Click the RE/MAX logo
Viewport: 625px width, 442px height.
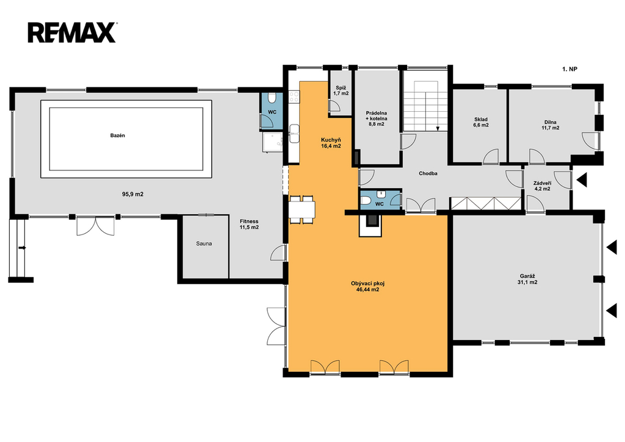tap(72, 33)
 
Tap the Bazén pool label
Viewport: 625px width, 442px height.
tap(118, 136)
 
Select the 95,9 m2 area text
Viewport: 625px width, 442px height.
tap(132, 195)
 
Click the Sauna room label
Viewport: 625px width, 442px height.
tap(204, 244)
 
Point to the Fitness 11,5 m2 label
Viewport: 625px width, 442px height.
tap(249, 225)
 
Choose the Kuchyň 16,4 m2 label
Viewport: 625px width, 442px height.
tap(331, 143)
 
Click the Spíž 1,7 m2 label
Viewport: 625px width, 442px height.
tap(341, 90)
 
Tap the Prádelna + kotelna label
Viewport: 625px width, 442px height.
tap(376, 118)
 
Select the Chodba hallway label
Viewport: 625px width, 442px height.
tap(428, 173)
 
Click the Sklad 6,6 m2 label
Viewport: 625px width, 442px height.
tap(481, 122)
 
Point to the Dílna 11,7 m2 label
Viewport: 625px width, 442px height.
tap(550, 125)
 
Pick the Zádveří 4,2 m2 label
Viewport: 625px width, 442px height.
tap(543, 186)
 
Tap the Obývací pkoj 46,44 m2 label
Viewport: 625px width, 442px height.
tap(367, 286)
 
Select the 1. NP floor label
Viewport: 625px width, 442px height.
tap(569, 69)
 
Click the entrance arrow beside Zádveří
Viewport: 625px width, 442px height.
tap(582, 180)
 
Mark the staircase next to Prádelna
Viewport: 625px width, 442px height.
tap(426, 106)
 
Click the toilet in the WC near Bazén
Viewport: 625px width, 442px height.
tap(272, 99)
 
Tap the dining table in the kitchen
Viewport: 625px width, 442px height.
tap(302, 209)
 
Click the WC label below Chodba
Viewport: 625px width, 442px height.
tap(380, 204)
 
